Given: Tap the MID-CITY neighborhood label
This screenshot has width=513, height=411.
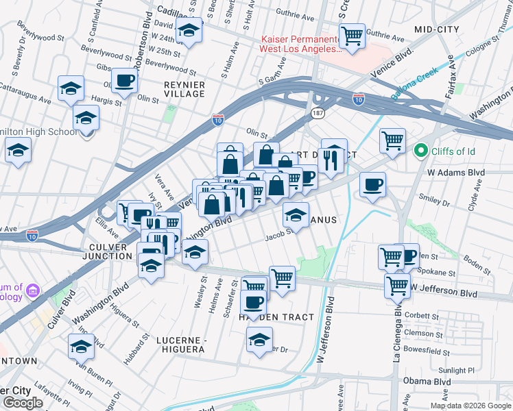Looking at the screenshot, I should (x=437, y=29).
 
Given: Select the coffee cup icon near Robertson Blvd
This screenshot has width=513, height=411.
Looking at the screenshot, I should (x=124, y=81).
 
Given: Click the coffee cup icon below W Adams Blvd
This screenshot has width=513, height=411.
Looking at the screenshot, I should (x=372, y=184).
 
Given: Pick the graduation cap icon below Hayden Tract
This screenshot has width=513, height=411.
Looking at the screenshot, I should (x=259, y=340).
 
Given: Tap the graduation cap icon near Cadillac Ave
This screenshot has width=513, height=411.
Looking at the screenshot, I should (x=189, y=30).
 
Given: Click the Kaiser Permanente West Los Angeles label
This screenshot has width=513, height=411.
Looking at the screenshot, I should (x=299, y=45).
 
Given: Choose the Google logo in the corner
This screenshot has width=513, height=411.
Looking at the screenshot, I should (x=22, y=403).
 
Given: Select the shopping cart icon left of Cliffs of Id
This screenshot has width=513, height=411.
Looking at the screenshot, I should (x=392, y=140).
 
